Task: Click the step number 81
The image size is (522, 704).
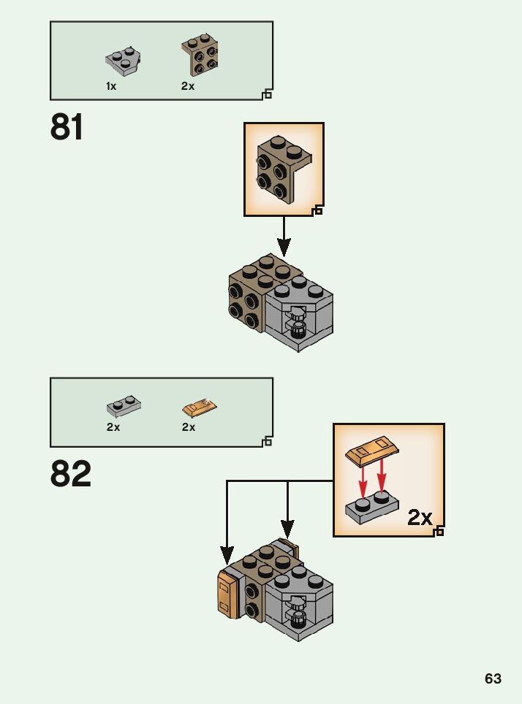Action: tap(67, 128)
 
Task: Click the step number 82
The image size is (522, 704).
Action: tap(71, 475)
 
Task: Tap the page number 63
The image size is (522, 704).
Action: tap(493, 679)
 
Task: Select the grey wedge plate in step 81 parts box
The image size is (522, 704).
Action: tap(123, 61)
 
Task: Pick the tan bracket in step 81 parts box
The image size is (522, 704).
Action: tap(200, 56)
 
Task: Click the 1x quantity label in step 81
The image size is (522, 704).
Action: tap(111, 86)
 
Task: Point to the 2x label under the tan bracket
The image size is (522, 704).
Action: tap(188, 86)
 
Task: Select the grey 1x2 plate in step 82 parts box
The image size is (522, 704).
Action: tap(124, 405)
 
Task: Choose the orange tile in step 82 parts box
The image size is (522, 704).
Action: tap(200, 406)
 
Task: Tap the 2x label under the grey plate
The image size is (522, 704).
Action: tap(113, 427)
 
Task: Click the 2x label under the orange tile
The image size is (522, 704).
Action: tap(189, 427)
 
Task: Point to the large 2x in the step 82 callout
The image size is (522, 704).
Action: tap(420, 518)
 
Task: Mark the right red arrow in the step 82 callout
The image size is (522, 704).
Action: tap(381, 481)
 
